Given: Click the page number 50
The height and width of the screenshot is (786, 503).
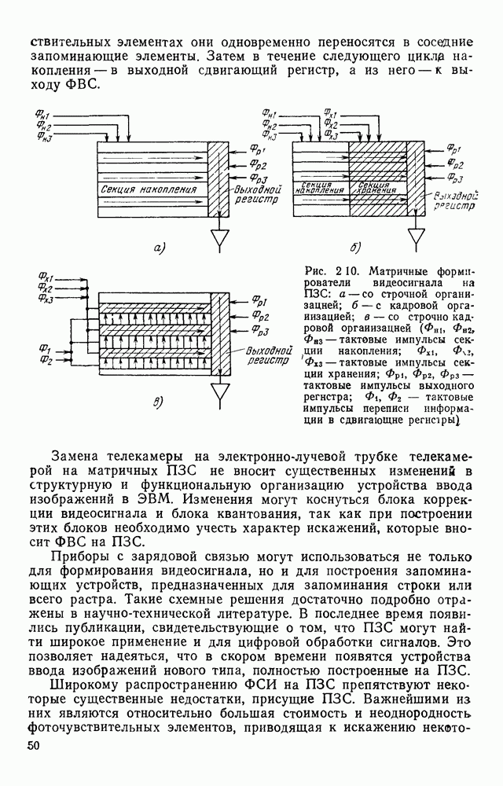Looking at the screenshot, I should [33, 745].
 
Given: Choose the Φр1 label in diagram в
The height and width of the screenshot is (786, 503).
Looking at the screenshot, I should [261, 301].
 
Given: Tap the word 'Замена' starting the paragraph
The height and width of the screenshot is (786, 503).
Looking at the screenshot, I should [78, 457].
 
